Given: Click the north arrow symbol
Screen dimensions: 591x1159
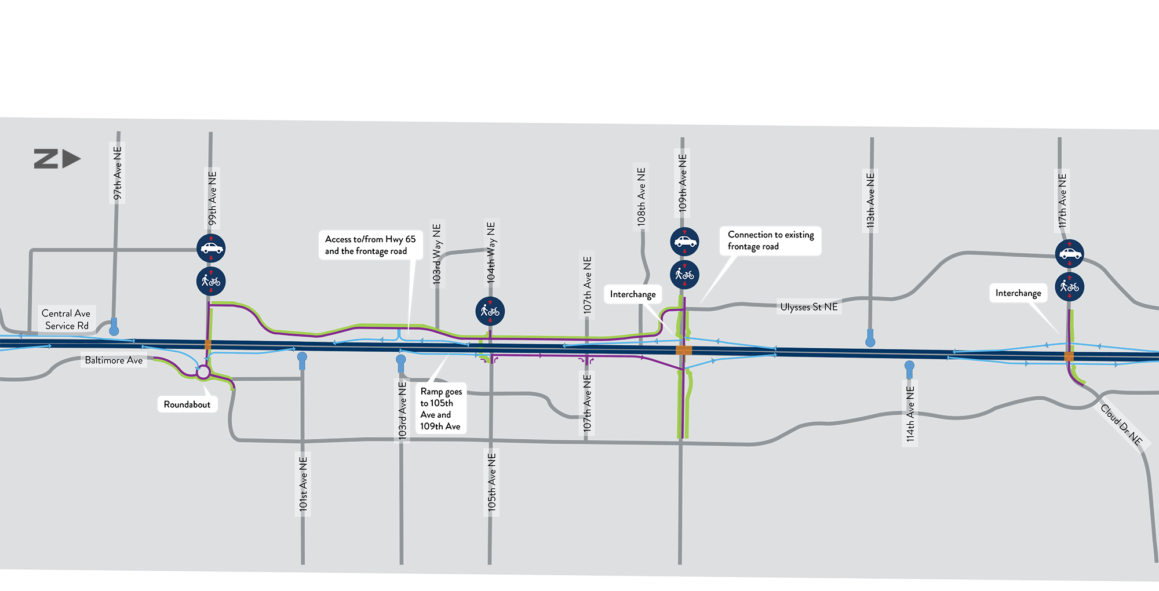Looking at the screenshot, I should (x=57, y=159).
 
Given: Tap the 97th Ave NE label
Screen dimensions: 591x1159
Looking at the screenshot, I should (x=118, y=173).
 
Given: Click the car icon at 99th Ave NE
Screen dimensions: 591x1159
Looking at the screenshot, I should (x=211, y=249).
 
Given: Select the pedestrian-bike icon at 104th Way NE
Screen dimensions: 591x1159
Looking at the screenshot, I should (x=490, y=311).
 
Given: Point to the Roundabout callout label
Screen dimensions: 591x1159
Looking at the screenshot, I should (x=187, y=404).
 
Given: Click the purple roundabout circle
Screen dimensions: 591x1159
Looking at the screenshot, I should (x=203, y=372).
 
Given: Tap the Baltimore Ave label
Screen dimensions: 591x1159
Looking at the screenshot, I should (x=114, y=360).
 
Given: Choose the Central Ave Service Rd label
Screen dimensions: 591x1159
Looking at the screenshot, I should (x=67, y=319).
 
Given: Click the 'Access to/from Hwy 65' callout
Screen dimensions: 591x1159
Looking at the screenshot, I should (x=370, y=245).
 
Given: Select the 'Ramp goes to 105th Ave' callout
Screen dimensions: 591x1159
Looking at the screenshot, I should (x=441, y=408).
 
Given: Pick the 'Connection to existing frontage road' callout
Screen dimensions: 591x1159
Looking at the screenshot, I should (x=770, y=240).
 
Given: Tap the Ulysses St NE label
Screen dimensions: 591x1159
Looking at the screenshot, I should (x=808, y=307).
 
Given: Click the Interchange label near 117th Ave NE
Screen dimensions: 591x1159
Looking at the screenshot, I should (x=1018, y=293).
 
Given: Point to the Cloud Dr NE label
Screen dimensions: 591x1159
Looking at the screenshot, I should (x=1121, y=425).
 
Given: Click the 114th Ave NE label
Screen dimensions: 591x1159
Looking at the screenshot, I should (x=910, y=414).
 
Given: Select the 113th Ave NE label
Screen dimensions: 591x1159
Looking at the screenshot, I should (x=870, y=200).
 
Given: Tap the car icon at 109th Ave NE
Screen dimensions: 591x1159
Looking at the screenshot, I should (x=684, y=242).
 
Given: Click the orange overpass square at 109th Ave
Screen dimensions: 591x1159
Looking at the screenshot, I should (x=684, y=350).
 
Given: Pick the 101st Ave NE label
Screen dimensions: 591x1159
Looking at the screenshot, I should (x=303, y=483).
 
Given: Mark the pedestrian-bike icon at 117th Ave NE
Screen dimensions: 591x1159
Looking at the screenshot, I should (x=1069, y=286).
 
